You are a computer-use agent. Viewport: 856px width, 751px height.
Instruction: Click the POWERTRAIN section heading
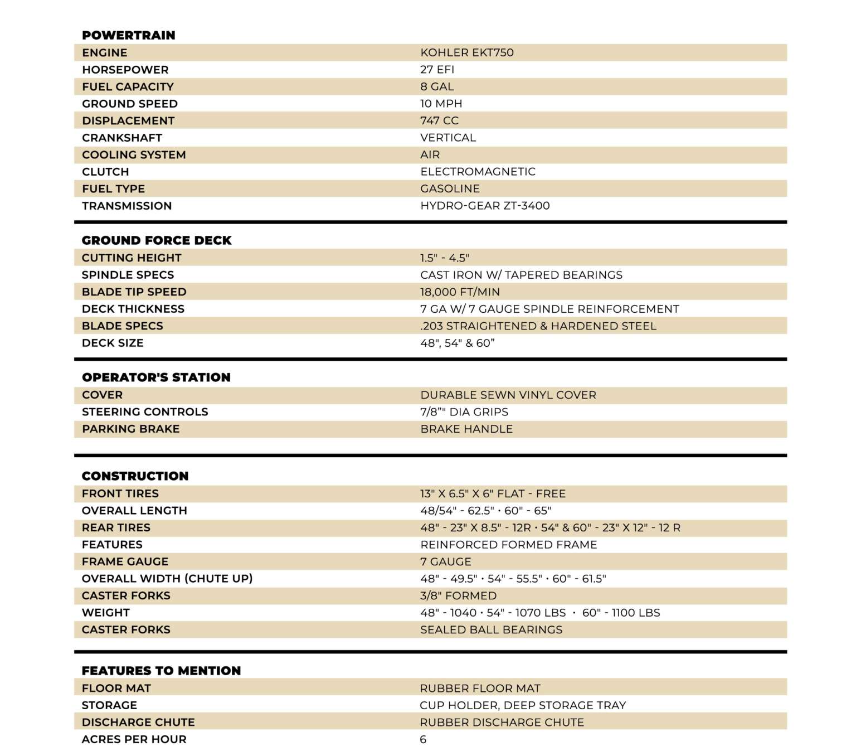click(128, 35)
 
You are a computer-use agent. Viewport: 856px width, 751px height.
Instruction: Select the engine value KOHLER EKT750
click(466, 52)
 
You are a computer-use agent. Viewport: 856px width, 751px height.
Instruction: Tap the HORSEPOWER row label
click(125, 70)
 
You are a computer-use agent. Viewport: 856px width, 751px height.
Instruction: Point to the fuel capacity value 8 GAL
click(437, 86)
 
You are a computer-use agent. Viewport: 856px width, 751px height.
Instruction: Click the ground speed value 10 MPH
click(441, 104)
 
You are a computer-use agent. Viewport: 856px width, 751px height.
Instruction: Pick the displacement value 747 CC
click(439, 120)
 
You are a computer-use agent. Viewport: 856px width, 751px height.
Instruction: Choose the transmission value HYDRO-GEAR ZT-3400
click(485, 206)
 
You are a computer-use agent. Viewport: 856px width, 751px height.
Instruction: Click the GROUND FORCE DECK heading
click(157, 240)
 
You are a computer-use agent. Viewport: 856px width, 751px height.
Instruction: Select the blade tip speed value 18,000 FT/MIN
click(460, 292)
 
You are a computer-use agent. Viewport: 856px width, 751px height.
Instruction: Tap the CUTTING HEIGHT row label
click(132, 258)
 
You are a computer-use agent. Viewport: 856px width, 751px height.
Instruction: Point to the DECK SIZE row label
click(113, 343)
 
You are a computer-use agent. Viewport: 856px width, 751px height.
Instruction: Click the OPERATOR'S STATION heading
click(156, 377)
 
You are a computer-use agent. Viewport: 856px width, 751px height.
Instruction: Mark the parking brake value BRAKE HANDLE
click(466, 429)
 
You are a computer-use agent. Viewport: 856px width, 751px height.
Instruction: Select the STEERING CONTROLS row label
click(145, 412)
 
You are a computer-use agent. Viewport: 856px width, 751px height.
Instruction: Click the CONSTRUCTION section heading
click(135, 476)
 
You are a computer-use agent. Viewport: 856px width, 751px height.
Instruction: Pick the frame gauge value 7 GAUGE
click(445, 561)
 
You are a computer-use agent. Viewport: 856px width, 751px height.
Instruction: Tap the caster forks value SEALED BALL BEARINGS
click(491, 629)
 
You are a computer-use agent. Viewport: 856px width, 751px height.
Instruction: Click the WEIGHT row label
click(106, 613)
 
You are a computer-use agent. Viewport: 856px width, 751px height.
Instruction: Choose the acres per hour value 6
click(423, 739)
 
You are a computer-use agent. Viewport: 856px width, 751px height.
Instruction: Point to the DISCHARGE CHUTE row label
click(138, 722)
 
